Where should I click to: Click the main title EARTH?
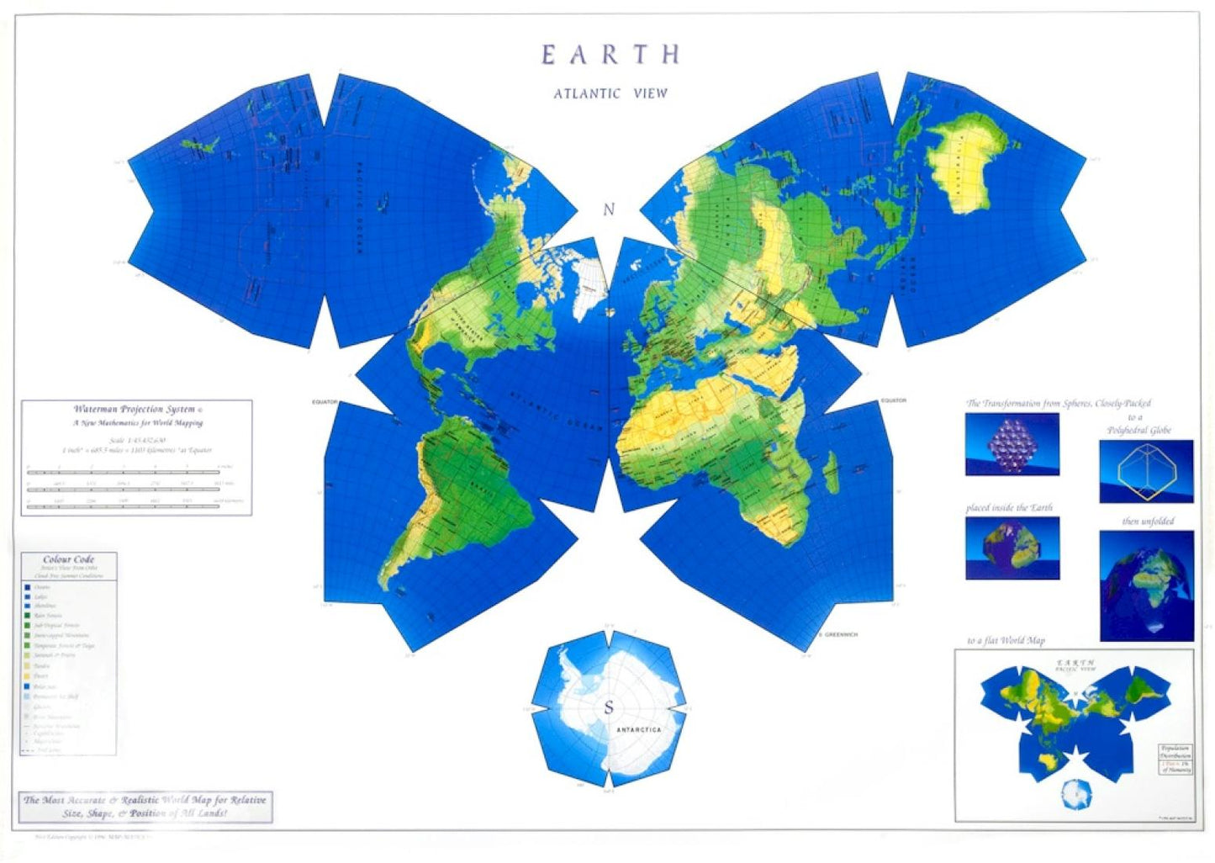610,55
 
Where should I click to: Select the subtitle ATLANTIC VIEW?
610,93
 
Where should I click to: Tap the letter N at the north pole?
609,209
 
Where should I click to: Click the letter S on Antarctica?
609,708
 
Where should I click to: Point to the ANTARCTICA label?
639,730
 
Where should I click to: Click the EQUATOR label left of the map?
325,402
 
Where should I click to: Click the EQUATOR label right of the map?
893,400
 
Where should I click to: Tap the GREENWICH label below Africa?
840,635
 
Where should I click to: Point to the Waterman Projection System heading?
135,410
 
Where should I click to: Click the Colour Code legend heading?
69,559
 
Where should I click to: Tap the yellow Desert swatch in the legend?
28,676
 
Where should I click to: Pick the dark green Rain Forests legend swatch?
28,616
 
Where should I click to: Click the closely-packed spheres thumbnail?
1012,444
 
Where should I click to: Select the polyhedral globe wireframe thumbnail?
1145,472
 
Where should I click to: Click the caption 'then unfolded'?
1148,522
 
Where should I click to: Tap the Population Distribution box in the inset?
1175,759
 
